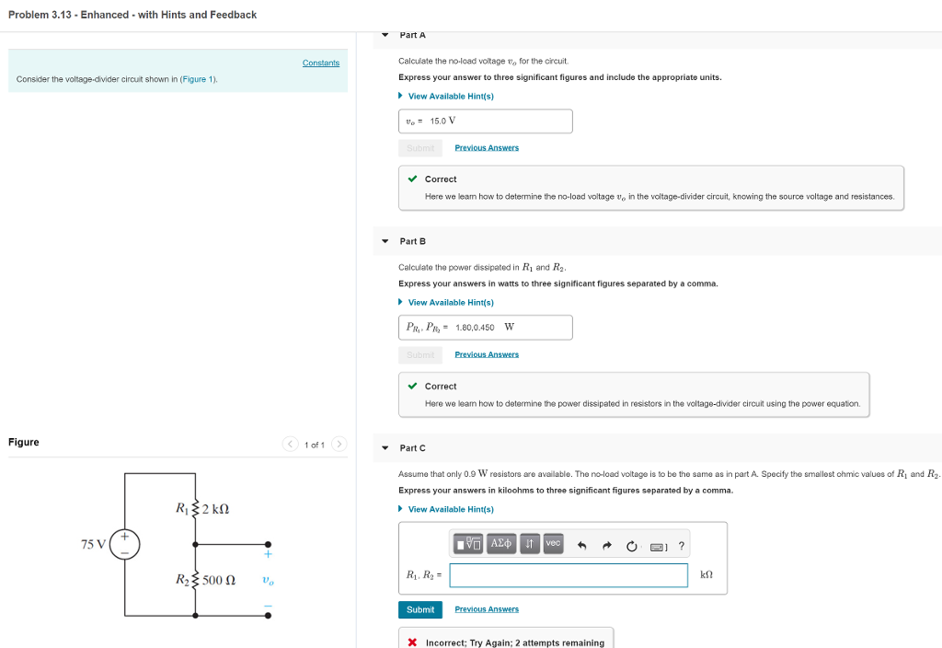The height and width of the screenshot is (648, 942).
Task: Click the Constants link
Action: pyautogui.click(x=321, y=63)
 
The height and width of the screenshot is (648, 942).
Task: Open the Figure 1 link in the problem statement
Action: pyautogui.click(x=198, y=79)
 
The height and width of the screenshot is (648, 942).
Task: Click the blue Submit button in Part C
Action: pyautogui.click(x=419, y=609)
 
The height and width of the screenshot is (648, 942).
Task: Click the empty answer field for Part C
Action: pyautogui.click(x=569, y=575)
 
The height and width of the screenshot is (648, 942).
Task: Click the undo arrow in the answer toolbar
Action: pyautogui.click(x=581, y=546)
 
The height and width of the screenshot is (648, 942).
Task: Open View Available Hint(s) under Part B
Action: pyautogui.click(x=451, y=302)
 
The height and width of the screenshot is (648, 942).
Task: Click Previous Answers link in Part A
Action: pyautogui.click(x=487, y=147)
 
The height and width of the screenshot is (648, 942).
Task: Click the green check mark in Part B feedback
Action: pyautogui.click(x=413, y=386)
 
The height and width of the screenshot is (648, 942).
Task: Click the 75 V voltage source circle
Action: pyautogui.click(x=125, y=544)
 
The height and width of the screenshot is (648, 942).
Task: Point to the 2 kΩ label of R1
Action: pyautogui.click(x=214, y=508)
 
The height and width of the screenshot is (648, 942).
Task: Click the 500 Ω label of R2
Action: pyautogui.click(x=218, y=581)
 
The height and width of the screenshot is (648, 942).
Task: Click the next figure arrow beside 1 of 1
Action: pyautogui.click(x=339, y=445)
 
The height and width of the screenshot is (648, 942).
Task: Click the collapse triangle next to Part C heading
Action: pyautogui.click(x=385, y=448)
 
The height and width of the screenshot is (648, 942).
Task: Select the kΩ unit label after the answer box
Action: pyautogui.click(x=706, y=575)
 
